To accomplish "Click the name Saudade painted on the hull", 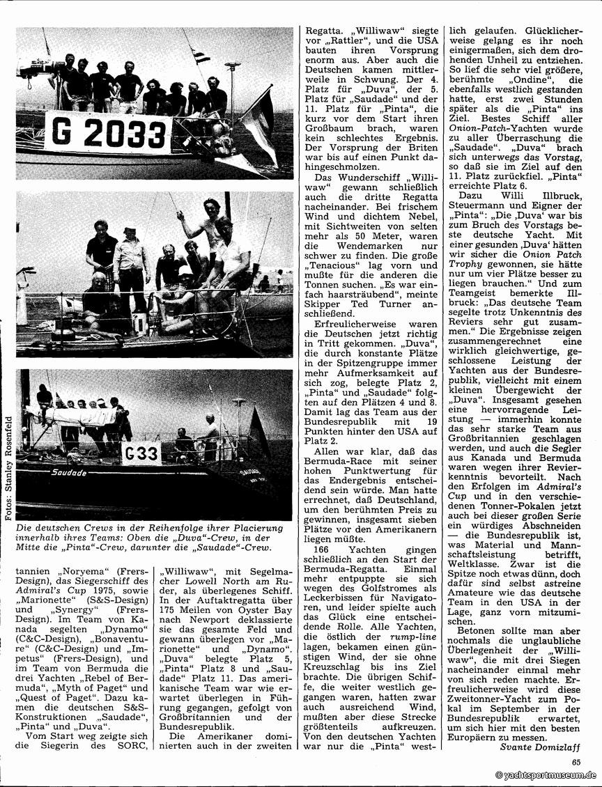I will [68, 472].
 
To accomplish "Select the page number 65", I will [576, 761].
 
